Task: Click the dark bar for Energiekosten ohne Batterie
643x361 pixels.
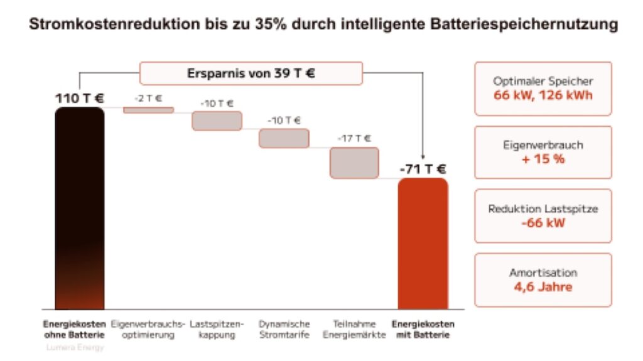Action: [x=80, y=207]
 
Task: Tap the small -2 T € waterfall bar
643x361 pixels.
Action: [x=148, y=110]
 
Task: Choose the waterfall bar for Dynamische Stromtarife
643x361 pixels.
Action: [x=284, y=138]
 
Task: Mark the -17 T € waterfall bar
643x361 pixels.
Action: [x=354, y=163]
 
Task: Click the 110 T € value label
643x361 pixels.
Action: [x=80, y=98]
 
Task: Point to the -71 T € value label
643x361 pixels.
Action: [x=423, y=169]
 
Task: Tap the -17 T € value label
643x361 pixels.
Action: [x=354, y=138]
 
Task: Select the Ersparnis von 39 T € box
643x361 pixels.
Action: [x=251, y=73]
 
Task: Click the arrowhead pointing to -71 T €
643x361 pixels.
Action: [x=423, y=157]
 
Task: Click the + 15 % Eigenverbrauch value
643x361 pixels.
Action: [x=543, y=158]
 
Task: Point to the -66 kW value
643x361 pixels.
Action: [x=543, y=222]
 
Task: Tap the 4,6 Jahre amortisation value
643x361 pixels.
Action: [x=543, y=288]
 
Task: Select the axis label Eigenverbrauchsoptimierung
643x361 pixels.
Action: [x=148, y=330]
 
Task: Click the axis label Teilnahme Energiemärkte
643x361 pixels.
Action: [x=354, y=330]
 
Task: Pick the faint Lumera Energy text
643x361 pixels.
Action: [x=74, y=347]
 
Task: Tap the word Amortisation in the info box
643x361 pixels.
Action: [x=543, y=273]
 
